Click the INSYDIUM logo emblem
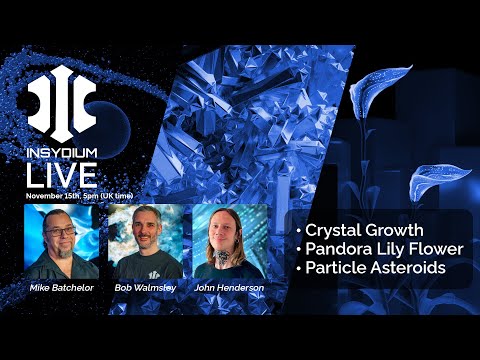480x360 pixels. click(x=61, y=103)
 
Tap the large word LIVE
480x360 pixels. click(x=61, y=175)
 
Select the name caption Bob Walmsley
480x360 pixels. click(x=146, y=288)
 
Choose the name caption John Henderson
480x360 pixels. click(x=229, y=288)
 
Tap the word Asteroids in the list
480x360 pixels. click(x=414, y=268)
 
